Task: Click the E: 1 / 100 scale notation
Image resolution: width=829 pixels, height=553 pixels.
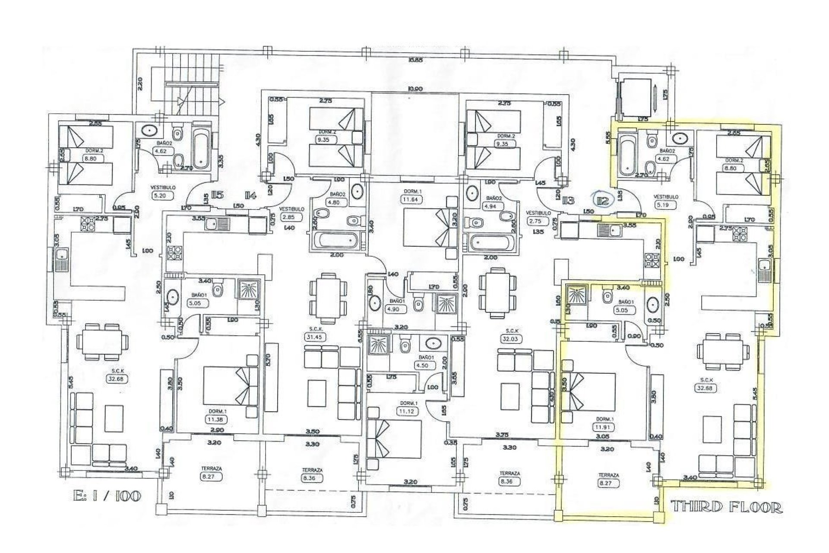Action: (x=107, y=496)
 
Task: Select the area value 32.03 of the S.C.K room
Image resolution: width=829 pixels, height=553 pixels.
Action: (x=512, y=340)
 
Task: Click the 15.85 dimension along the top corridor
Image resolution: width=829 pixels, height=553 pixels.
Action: (x=416, y=60)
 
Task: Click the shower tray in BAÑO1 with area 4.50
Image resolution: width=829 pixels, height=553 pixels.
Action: (x=379, y=346)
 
